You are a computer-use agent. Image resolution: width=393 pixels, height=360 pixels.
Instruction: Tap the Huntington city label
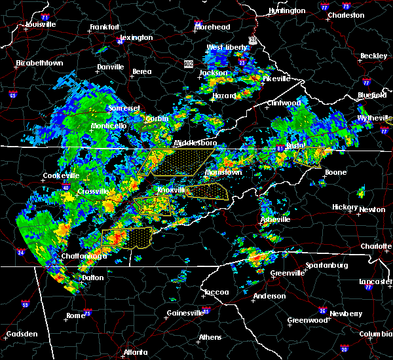[x=287, y=10]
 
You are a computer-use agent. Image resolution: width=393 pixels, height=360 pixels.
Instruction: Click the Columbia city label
[x=375, y=334]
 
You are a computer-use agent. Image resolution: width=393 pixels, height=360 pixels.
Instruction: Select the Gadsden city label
[x=22, y=334]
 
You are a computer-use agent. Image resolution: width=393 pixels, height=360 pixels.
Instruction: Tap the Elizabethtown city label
[x=39, y=63]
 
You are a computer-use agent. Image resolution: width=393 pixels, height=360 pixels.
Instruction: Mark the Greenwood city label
[x=307, y=321]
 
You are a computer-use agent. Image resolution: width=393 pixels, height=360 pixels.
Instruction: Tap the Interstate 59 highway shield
[x=25, y=304]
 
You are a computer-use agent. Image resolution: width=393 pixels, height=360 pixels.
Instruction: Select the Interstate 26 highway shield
[x=324, y=310]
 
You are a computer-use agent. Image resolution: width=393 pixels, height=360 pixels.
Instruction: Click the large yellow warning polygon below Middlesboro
[x=177, y=161]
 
